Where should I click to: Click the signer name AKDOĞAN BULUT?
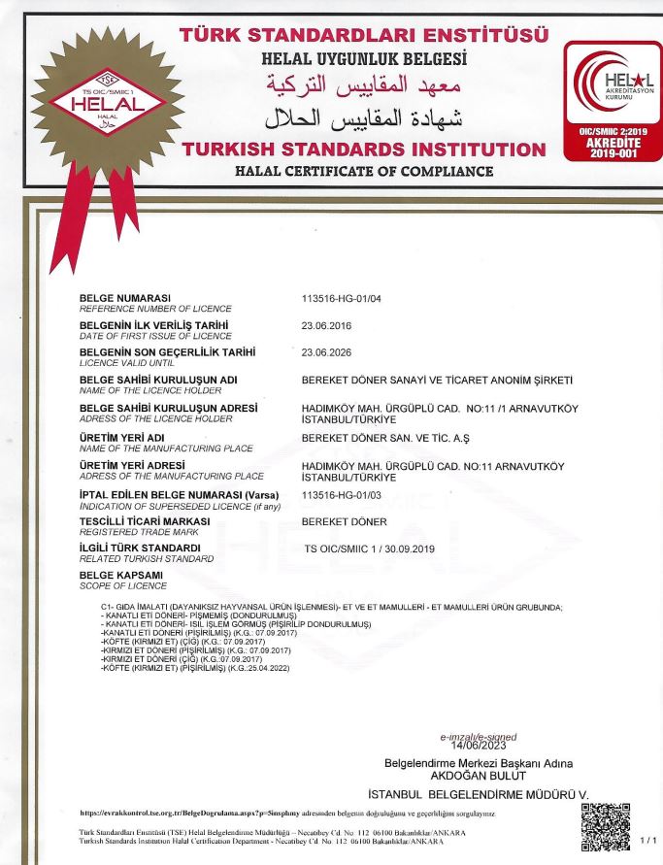(478, 775)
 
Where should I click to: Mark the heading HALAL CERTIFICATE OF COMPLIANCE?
(364, 172)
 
